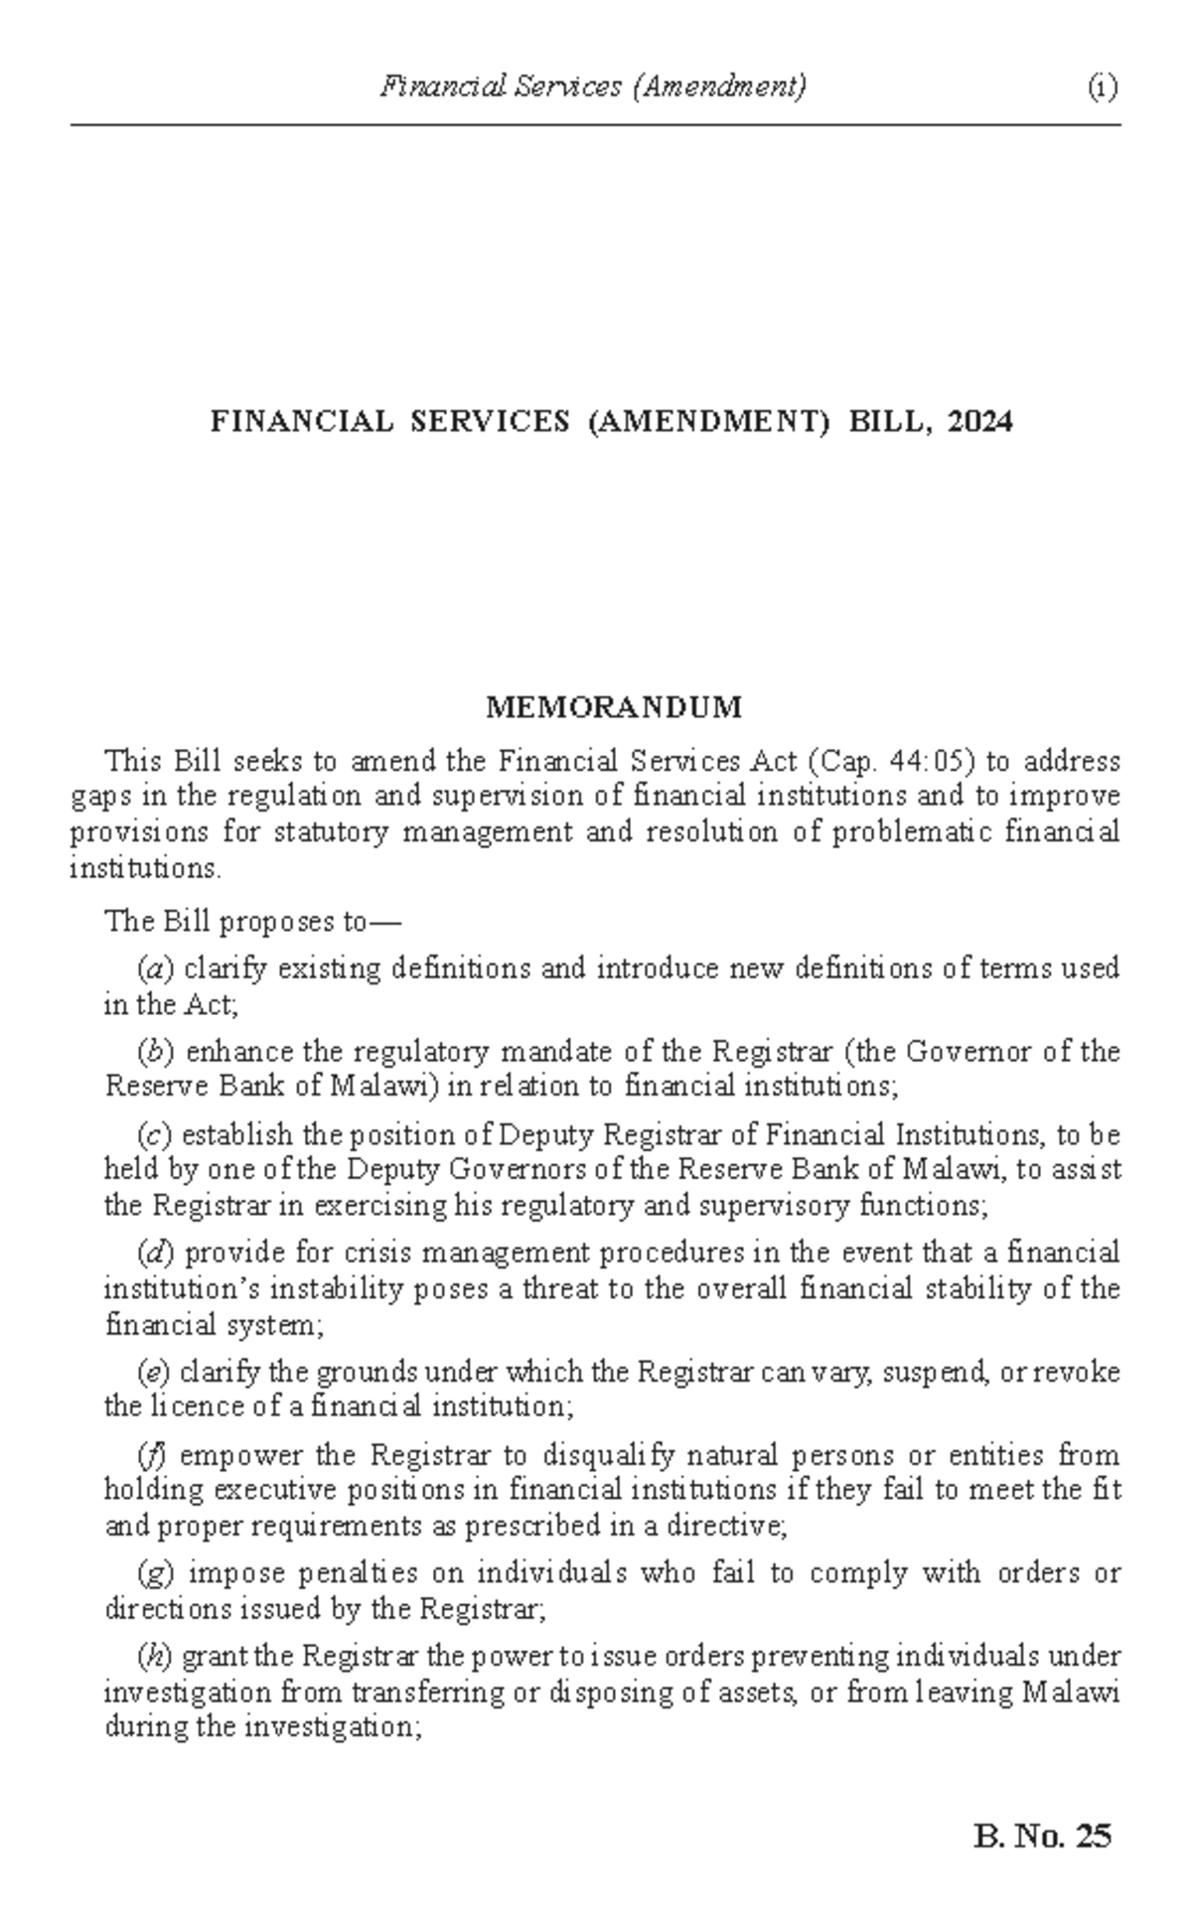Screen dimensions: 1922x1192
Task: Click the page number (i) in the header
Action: (1102, 88)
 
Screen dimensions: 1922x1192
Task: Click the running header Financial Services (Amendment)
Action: (593, 88)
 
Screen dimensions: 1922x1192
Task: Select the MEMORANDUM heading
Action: (613, 707)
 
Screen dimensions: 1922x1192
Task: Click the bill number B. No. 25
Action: (1043, 1836)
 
